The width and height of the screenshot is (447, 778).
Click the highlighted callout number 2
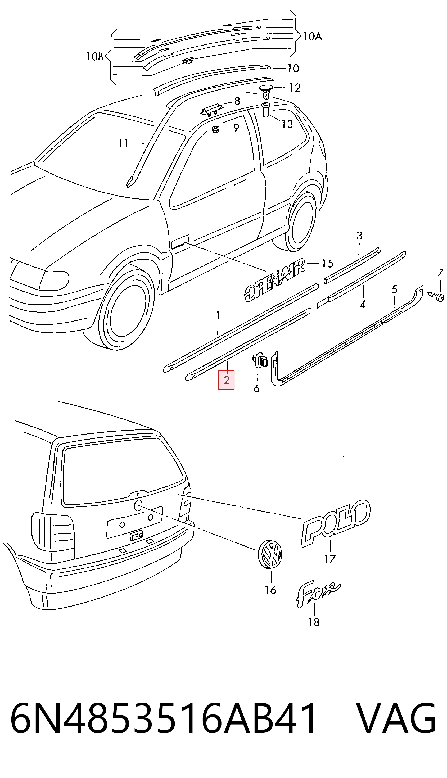226,380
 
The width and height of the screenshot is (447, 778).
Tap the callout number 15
327,263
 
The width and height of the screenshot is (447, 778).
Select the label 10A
313,37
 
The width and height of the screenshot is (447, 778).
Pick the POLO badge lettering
336,523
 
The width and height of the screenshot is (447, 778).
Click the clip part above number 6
260,360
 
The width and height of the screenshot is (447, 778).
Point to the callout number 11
124,143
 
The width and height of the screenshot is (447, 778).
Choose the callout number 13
287,124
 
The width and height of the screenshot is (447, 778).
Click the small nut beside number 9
215,129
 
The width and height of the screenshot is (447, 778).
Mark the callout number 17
330,559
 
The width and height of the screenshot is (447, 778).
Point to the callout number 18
314,622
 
